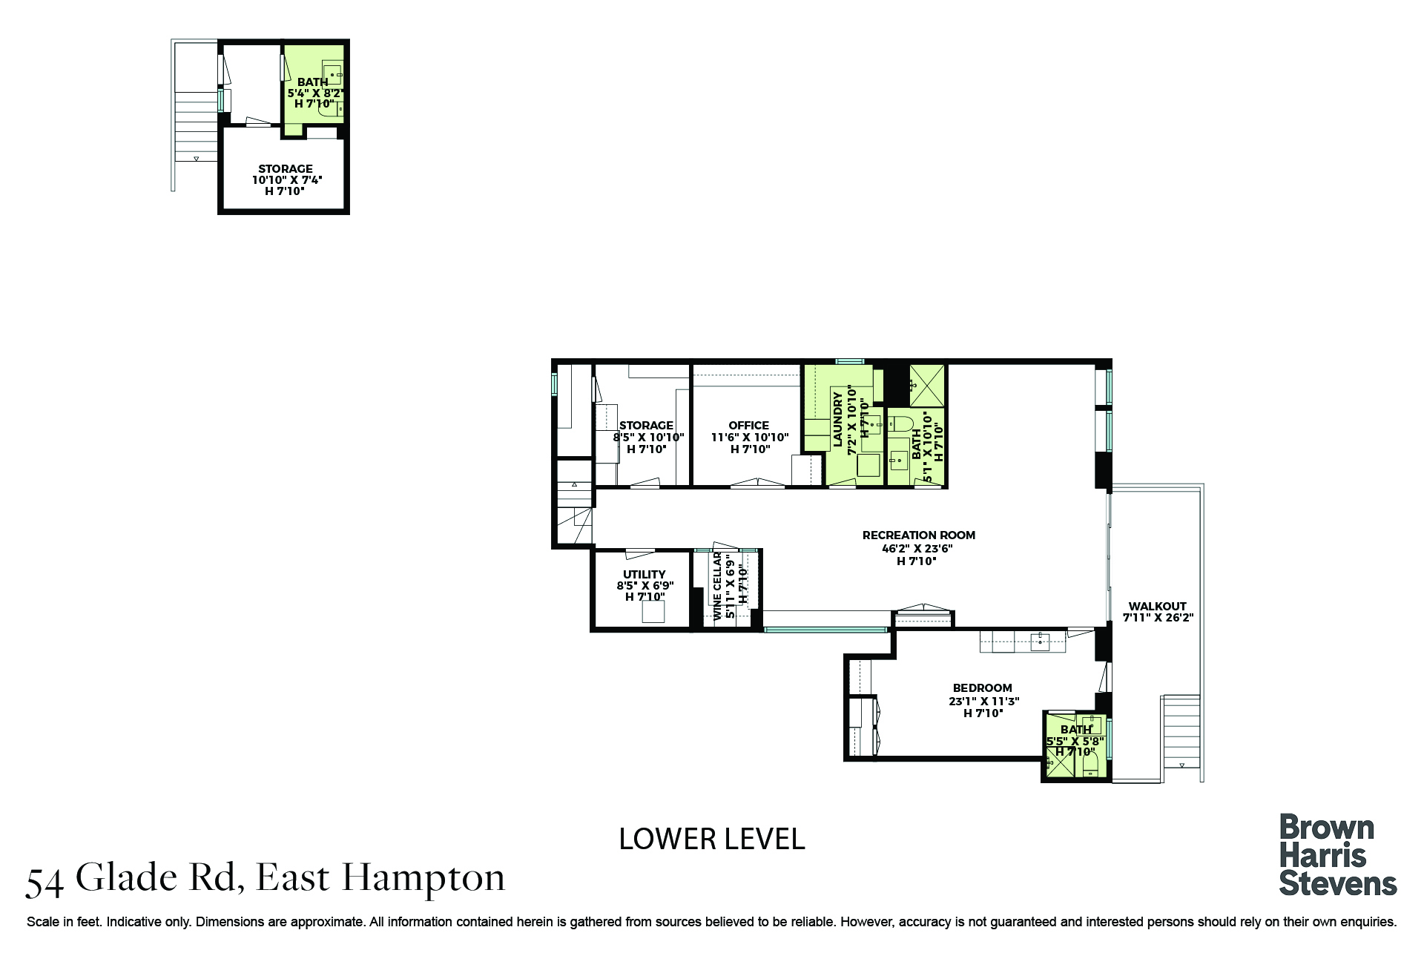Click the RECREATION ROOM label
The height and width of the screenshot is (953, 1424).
(x=918, y=535)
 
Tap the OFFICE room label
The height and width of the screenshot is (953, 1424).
(x=748, y=425)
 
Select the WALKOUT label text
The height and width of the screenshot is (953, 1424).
(x=1157, y=606)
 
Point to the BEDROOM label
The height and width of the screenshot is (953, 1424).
(x=982, y=687)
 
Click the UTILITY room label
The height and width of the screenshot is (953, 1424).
(x=644, y=574)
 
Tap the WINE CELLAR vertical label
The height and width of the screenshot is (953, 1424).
(x=717, y=586)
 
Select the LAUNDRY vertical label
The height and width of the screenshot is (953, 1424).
(x=838, y=419)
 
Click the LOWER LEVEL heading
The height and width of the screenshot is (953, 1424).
(x=711, y=839)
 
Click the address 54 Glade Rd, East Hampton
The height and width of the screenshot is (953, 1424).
(x=265, y=878)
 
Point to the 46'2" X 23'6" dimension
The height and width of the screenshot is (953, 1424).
(x=917, y=549)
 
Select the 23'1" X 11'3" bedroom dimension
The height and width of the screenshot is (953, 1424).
(x=983, y=701)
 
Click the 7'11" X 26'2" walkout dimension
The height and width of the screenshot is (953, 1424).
(x=1157, y=618)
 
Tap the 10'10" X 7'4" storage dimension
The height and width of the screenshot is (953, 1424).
(x=286, y=180)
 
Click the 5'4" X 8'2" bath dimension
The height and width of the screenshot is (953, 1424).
(x=315, y=93)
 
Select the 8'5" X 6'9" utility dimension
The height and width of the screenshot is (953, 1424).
(x=645, y=586)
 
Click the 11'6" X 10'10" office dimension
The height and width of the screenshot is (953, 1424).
(x=750, y=438)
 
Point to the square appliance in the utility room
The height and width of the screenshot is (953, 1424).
(x=653, y=612)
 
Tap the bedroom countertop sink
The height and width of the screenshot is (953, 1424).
(x=1040, y=642)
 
